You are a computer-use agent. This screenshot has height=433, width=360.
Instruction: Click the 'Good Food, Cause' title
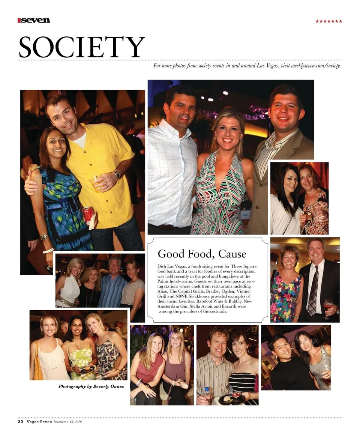click(x=202, y=254)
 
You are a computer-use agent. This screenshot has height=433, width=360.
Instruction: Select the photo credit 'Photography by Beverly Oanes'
click(x=91, y=386)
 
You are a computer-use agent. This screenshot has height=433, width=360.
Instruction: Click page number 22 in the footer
click(x=20, y=422)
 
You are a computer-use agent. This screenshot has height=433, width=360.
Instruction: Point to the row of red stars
click(x=328, y=21)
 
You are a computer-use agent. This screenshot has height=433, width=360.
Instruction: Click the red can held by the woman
click(x=88, y=215)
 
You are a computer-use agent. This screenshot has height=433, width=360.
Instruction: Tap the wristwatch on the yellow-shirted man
click(x=117, y=174)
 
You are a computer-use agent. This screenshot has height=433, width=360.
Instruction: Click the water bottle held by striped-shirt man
click(x=206, y=395)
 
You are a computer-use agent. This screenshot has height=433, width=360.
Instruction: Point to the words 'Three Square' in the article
click(x=244, y=266)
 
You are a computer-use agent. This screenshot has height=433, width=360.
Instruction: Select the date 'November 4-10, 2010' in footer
click(x=68, y=422)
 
